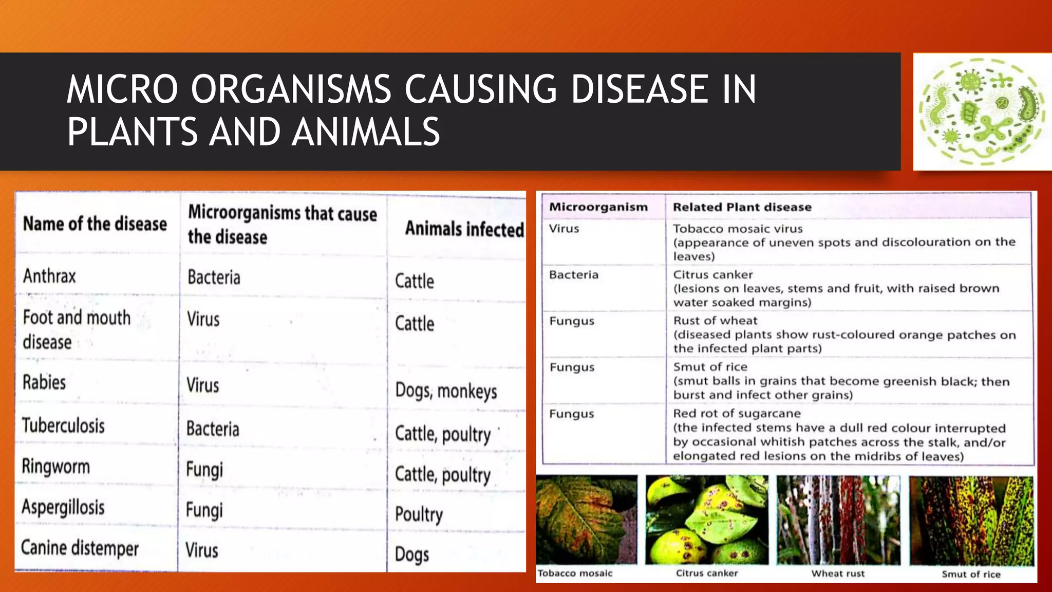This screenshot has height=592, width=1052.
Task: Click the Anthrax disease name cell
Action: tap(49, 276)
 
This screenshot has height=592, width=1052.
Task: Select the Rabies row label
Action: tap(44, 383)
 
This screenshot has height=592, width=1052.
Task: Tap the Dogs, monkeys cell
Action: tap(446, 391)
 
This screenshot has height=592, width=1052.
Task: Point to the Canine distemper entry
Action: tap(80, 548)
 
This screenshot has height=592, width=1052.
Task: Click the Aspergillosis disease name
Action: tap(63, 507)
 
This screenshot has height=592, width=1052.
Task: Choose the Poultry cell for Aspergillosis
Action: tap(419, 514)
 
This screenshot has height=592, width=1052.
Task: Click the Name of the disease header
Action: tap(95, 224)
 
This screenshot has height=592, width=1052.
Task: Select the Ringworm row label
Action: tap(56, 467)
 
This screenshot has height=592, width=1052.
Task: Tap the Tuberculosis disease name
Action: tap(64, 426)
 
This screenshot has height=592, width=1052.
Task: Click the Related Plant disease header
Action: tap(742, 207)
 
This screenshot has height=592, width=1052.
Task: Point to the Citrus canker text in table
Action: tap(713, 275)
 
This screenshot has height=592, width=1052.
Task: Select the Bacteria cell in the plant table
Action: tap(574, 275)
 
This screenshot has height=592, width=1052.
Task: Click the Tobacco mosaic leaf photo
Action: tap(586, 519)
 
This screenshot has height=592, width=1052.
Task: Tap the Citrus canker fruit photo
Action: tap(707, 519)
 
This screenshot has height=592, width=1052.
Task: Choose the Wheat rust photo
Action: tap(838, 519)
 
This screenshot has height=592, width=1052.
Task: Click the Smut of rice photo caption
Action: tap(971, 575)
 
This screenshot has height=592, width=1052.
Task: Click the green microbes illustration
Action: tap(982, 112)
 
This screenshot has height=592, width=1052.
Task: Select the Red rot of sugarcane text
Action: tap(737, 414)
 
